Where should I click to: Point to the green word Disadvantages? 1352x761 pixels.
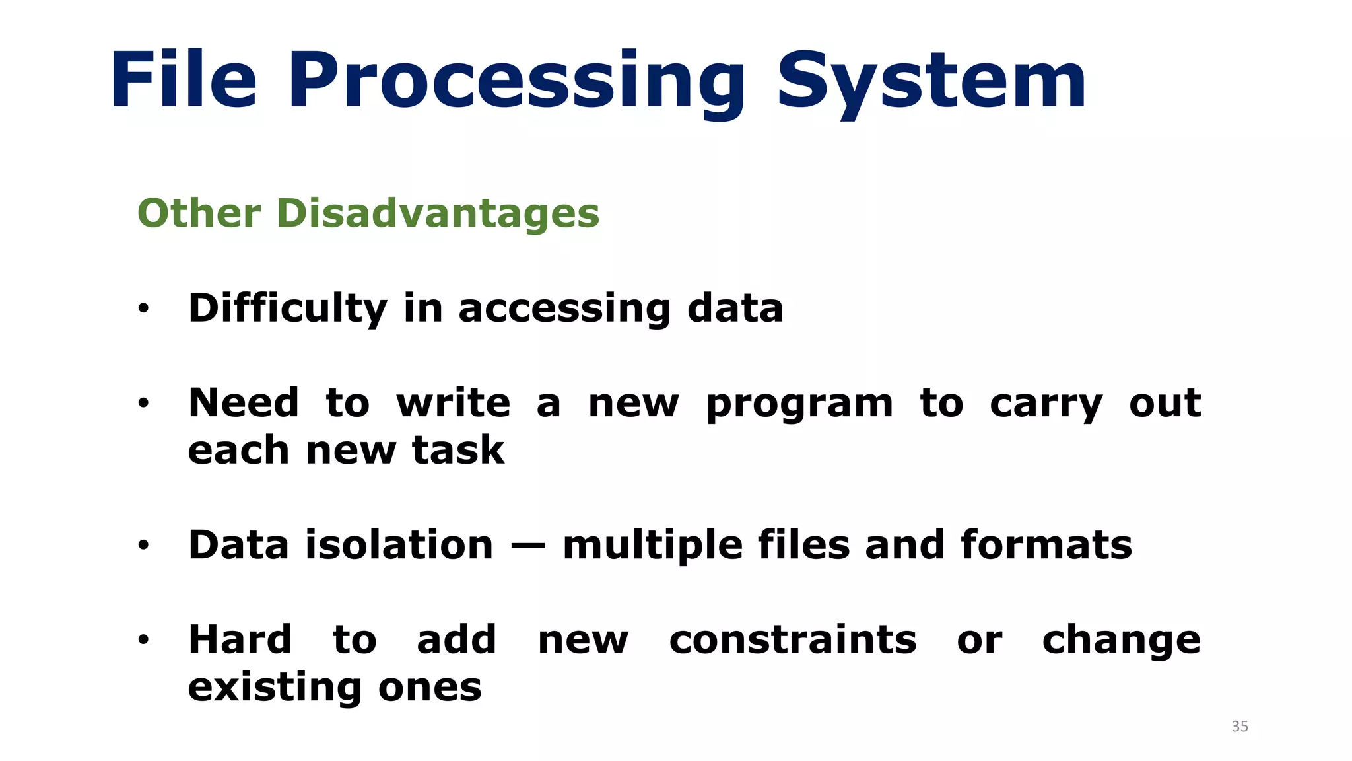pos(438,213)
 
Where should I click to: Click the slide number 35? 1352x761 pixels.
pos(1240,727)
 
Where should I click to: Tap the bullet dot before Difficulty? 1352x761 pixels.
pos(144,308)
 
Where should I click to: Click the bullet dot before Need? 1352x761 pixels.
pos(144,404)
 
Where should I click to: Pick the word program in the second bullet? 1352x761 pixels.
pos(799,404)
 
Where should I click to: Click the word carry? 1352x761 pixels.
pos(1046,404)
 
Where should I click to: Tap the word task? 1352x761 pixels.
pos(458,451)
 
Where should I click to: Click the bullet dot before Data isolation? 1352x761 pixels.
pos(144,546)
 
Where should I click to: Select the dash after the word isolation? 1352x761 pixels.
pos(528,546)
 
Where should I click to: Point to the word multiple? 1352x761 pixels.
pos(652,546)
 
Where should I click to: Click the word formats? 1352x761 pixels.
pos(1046,545)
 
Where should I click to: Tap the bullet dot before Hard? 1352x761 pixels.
pos(144,640)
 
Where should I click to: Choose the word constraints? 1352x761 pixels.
pos(793,640)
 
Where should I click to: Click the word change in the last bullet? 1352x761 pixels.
pos(1121,641)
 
